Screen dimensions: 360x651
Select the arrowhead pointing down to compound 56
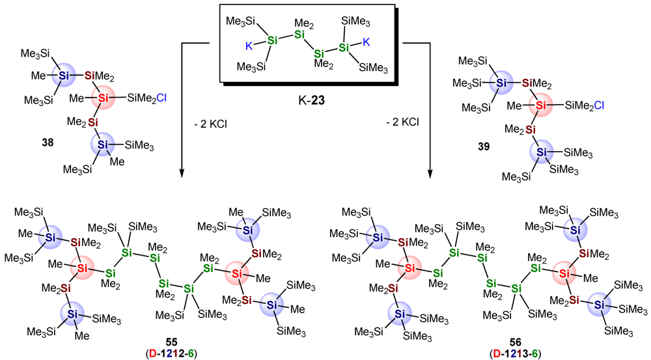click(430, 174)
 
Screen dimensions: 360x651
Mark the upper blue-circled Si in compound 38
click(64, 75)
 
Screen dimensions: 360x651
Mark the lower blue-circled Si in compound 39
click(538, 152)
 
